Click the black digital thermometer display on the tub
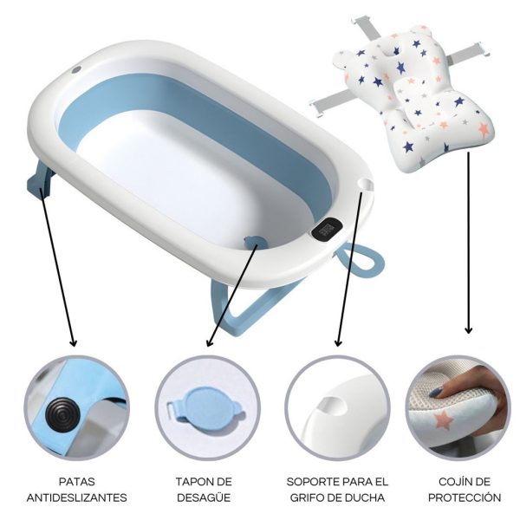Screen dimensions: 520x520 [x=327, y=229]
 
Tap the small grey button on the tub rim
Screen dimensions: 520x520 [x=76, y=70]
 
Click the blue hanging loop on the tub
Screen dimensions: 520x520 [x=360, y=260]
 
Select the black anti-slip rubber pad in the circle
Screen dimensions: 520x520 [x=63, y=412]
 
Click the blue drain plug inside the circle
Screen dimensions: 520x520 [x=205, y=407]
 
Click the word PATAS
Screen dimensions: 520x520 [x=77, y=482]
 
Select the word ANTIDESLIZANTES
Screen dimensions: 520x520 [x=77, y=497]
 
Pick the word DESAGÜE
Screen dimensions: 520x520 [x=204, y=497]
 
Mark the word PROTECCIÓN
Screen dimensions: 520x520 [x=465, y=497]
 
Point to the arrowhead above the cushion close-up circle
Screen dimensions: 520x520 [x=468, y=330]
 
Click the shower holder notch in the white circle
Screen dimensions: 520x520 [x=334, y=406]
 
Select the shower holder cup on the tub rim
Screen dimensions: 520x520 [x=365, y=185]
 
